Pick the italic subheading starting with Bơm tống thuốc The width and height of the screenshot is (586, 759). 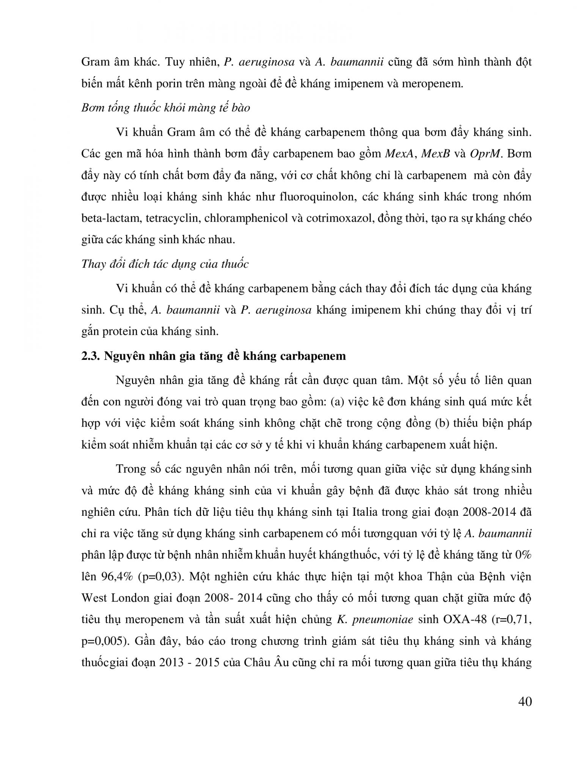tap(166, 108)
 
